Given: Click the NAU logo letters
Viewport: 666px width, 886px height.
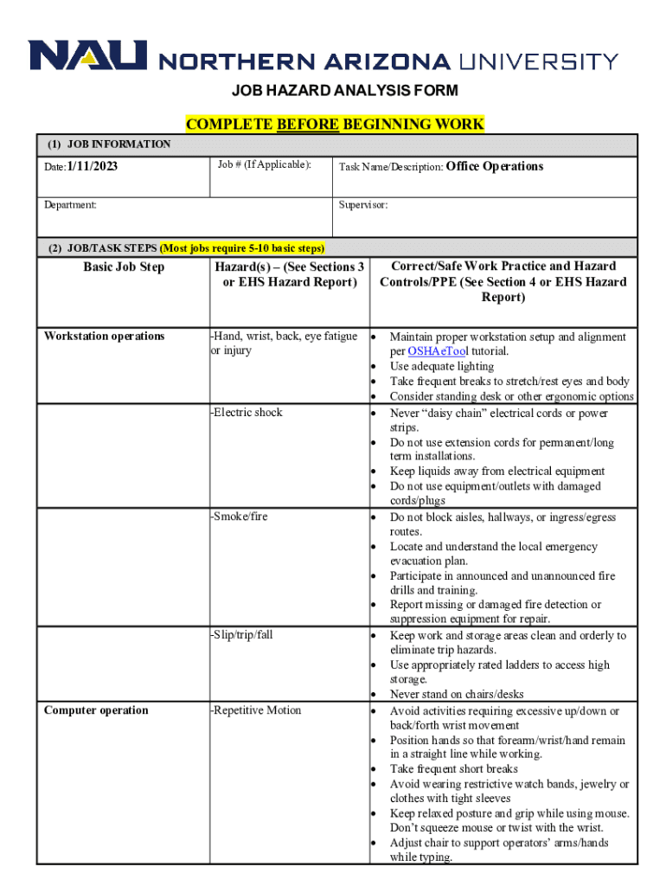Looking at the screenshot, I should tap(87, 56).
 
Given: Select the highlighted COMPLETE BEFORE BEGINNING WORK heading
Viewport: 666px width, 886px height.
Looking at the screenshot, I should tap(335, 125).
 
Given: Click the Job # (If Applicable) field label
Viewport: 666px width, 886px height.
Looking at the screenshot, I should tap(265, 164).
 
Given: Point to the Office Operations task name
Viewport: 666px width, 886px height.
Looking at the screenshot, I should tap(495, 166).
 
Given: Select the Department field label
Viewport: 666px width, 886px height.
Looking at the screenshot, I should tap(71, 206).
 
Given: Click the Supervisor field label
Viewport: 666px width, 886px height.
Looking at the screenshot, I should tap(363, 206).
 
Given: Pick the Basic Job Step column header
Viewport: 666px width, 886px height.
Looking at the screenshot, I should tap(124, 267).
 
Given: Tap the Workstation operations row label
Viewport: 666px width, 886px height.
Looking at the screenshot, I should tap(104, 337).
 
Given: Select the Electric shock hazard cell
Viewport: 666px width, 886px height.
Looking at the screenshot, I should tap(247, 413).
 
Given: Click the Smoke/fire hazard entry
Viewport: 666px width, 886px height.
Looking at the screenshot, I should tap(240, 517).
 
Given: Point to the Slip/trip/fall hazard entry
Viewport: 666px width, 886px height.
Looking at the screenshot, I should tap(242, 635).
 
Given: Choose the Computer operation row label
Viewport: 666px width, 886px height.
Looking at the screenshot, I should tap(96, 710).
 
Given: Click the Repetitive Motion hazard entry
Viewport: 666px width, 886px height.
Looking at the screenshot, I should tap(256, 710).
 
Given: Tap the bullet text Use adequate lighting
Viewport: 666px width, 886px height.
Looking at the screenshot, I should tap(441, 367).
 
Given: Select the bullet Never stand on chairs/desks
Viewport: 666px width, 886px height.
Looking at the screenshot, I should tap(457, 694).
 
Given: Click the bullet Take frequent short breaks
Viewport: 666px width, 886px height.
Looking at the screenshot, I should tap(454, 769).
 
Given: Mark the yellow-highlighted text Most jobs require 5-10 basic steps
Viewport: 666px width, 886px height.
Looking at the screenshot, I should tap(243, 248).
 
